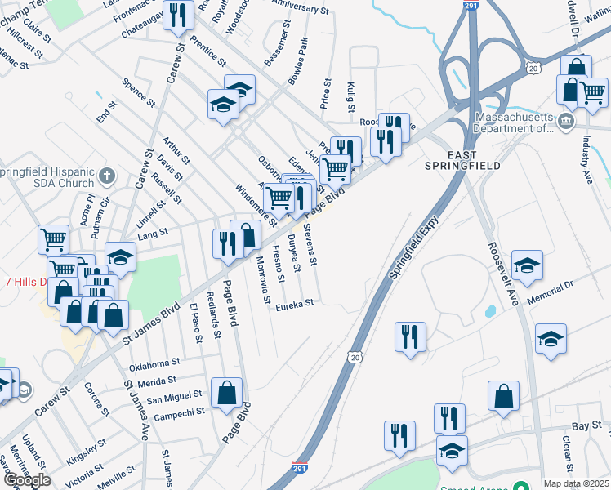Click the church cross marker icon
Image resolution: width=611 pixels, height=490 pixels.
click(x=106, y=175)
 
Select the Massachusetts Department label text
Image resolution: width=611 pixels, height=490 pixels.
click(x=512, y=122)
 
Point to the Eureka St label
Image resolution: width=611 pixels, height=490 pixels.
click(x=295, y=304)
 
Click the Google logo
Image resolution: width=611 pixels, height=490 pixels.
click(x=27, y=480)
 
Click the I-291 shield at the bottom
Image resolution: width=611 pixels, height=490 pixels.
click(x=301, y=470)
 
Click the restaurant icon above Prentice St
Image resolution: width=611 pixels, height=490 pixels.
click(x=178, y=14)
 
